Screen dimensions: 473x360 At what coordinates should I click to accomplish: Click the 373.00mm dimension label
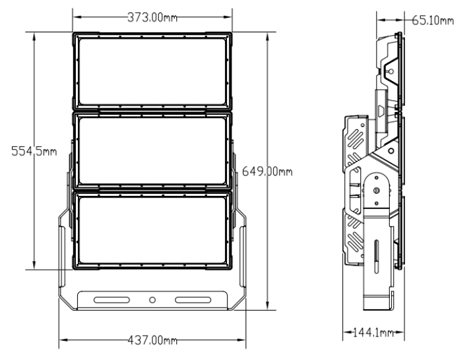pos(152,17)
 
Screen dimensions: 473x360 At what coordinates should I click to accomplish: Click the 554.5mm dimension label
pos(34,151)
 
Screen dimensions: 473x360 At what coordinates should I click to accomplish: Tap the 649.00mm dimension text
pos(267,171)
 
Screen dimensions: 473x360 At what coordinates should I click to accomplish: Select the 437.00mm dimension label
pos(152,340)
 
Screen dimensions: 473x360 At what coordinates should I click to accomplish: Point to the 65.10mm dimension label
pos(433,20)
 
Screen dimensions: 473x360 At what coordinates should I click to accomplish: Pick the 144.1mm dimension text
pos(373,332)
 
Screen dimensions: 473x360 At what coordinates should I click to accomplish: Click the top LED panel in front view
pos(152,71)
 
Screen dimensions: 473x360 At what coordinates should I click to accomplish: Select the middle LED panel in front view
pos(152,151)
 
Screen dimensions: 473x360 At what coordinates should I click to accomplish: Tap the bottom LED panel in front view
pos(152,230)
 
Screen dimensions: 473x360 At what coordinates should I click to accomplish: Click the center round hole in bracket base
pos(152,300)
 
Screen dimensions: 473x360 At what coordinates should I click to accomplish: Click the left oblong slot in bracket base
pos(111,300)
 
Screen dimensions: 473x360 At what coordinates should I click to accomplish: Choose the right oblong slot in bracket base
pos(193,300)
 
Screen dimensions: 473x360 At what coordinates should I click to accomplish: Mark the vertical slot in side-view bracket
pos(377,256)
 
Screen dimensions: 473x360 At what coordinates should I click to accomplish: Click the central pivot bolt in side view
pos(377,191)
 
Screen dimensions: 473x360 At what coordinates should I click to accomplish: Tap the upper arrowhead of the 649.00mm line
pos(267,38)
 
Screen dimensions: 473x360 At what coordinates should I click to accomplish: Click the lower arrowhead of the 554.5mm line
pos(34,264)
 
